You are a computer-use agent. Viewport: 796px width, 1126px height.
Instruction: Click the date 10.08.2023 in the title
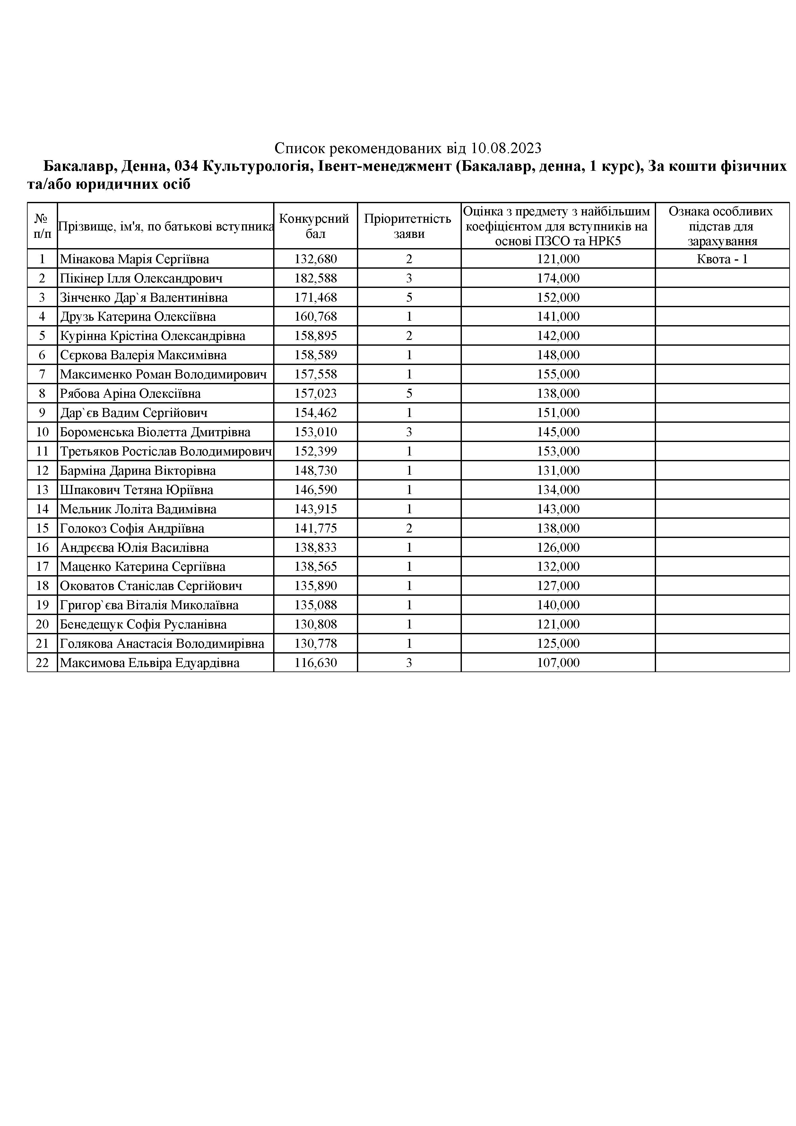pyautogui.click(x=506, y=148)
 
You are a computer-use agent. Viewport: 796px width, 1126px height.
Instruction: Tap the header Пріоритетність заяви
pyautogui.click(x=409, y=226)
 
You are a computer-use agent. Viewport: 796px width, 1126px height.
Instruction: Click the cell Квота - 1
pyautogui.click(x=722, y=259)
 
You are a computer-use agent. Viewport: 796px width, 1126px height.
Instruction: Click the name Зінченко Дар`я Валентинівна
pyautogui.click(x=144, y=298)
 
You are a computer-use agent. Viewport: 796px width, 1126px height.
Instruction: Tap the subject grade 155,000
pyautogui.click(x=558, y=374)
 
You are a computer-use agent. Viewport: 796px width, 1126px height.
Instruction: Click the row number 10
pyautogui.click(x=42, y=432)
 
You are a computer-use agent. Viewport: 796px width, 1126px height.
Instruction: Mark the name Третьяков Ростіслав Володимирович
pyautogui.click(x=166, y=451)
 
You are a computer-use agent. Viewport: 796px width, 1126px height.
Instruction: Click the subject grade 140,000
pyautogui.click(x=558, y=605)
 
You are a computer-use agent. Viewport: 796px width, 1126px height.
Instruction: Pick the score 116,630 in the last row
pyautogui.click(x=316, y=663)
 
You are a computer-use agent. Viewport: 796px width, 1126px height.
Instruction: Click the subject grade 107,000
pyautogui.click(x=558, y=663)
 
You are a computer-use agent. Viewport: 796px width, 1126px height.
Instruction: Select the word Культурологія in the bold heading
pyautogui.click(x=255, y=167)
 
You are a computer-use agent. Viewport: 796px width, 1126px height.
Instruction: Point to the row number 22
pyautogui.click(x=42, y=663)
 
